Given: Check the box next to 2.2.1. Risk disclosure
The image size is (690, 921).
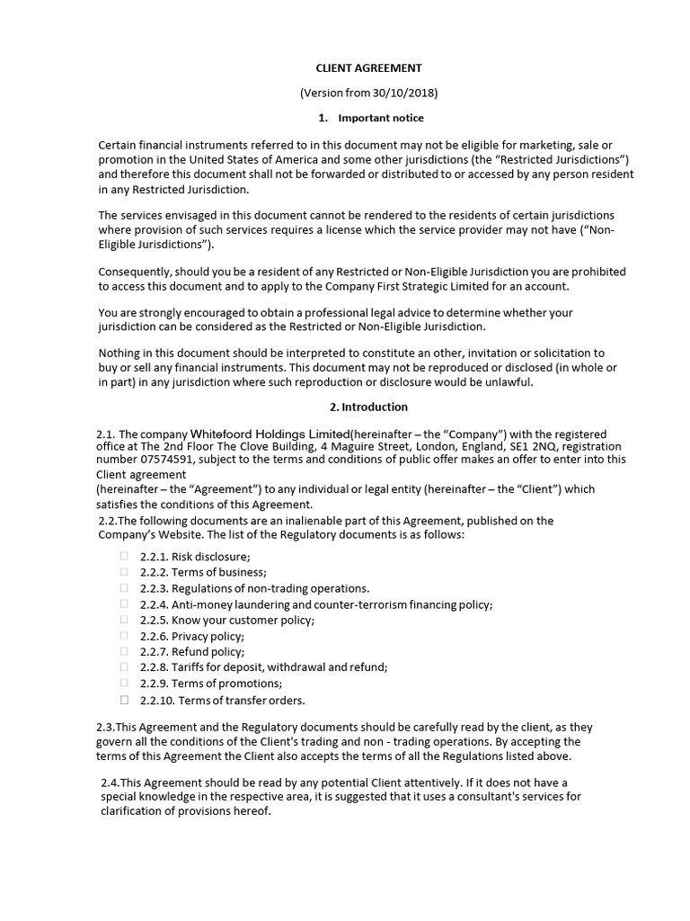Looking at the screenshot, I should coord(124,556).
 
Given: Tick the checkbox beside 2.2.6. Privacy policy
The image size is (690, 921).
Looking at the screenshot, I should coord(124,636).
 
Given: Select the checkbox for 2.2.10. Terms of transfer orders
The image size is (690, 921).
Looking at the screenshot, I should coord(124,700).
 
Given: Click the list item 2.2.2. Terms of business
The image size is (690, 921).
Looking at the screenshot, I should coord(203,572).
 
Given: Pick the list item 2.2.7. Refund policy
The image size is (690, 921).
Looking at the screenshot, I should coord(191,652).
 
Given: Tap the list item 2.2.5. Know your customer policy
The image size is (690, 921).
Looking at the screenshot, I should coord(226,620).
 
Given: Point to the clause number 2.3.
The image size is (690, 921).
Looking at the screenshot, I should coord(107,727).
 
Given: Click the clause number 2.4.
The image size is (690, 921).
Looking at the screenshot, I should coord(111,782).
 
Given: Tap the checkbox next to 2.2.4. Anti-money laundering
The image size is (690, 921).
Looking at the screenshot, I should coord(124,604).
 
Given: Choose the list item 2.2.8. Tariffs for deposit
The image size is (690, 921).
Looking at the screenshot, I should coord(263,667).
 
